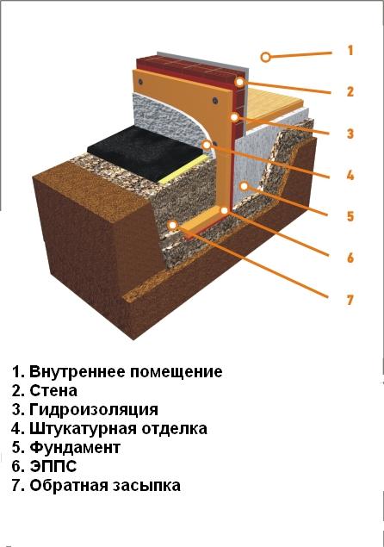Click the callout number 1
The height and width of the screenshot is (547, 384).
click(x=350, y=51)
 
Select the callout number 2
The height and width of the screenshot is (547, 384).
click(x=350, y=91)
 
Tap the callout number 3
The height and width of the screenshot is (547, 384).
click(x=350, y=134)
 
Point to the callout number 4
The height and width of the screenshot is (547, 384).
click(x=350, y=175)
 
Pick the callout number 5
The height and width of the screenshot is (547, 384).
click(x=350, y=216)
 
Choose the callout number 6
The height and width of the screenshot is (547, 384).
click(x=350, y=258)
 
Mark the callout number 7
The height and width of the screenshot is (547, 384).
click(x=350, y=300)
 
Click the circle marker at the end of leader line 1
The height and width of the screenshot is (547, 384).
click(x=266, y=57)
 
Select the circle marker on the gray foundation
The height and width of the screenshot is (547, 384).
click(x=245, y=186)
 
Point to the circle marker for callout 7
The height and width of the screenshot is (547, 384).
click(x=172, y=225)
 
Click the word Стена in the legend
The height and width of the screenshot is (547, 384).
click(x=53, y=390)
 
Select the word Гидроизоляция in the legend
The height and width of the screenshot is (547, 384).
click(x=94, y=409)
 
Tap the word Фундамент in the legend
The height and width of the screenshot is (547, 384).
click(x=75, y=447)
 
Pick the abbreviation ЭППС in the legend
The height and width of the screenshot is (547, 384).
click(x=53, y=466)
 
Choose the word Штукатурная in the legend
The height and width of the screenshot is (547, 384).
click(x=83, y=428)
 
